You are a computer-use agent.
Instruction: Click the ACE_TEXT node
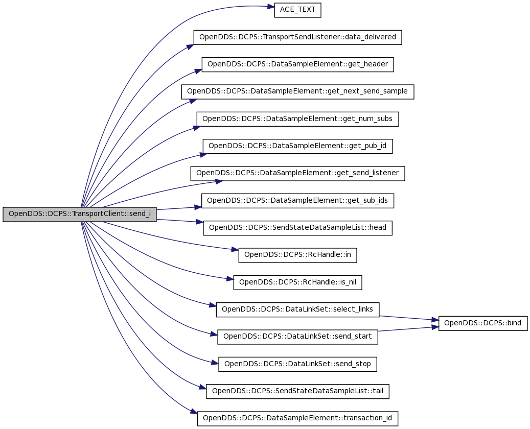point(297,10)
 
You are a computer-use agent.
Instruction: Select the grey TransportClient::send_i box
point(79,214)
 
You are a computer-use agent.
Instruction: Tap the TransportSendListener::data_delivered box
point(297,37)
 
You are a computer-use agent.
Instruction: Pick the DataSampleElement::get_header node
point(297,64)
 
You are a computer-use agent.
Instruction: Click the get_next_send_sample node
point(297,91)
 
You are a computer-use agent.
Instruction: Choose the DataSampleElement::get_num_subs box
point(297,119)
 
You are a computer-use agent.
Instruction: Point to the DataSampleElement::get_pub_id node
point(297,146)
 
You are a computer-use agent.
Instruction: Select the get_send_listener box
point(297,173)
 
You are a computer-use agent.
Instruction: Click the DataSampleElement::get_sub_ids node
point(297,201)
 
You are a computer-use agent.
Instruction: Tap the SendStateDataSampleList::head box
point(297,228)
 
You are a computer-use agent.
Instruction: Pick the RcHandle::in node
point(297,255)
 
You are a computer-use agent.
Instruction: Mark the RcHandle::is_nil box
point(297,282)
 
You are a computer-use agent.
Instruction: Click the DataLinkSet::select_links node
point(297,309)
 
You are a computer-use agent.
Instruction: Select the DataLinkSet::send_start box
point(297,337)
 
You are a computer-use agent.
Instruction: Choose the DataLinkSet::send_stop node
point(297,364)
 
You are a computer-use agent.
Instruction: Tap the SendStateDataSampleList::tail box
point(297,391)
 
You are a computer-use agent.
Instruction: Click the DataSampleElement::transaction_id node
point(297,418)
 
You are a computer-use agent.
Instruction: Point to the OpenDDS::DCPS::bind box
point(482,323)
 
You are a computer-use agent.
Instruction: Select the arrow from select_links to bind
point(409,318)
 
